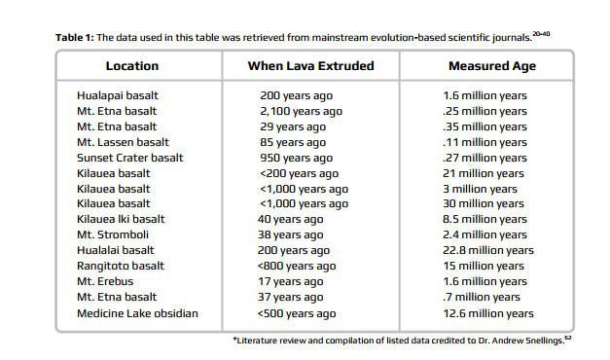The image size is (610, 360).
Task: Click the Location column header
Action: [132, 66]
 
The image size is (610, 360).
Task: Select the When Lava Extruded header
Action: [310, 66]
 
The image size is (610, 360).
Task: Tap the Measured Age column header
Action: [492, 66]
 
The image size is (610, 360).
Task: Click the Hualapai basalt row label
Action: [118, 95]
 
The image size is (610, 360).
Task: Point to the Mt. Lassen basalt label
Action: [123, 142]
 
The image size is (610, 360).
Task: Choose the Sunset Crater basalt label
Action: [130, 158]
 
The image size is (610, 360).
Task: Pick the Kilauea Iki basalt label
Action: [121, 219]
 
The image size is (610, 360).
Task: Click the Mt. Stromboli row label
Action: [113, 235]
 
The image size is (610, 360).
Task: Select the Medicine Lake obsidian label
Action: [137, 313]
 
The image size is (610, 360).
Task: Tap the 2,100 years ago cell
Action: [302, 112]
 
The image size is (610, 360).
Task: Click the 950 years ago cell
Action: [296, 159]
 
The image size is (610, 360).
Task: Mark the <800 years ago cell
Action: [297, 267]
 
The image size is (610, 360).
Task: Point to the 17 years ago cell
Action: [290, 282]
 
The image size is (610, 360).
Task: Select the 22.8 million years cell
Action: [488, 251]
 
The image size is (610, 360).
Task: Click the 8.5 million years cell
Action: [484, 220]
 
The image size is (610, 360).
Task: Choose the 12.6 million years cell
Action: [488, 313]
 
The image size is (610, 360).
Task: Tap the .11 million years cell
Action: [484, 143]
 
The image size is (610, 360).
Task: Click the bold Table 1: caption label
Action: [75, 37]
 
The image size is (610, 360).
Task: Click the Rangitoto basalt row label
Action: [121, 267]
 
